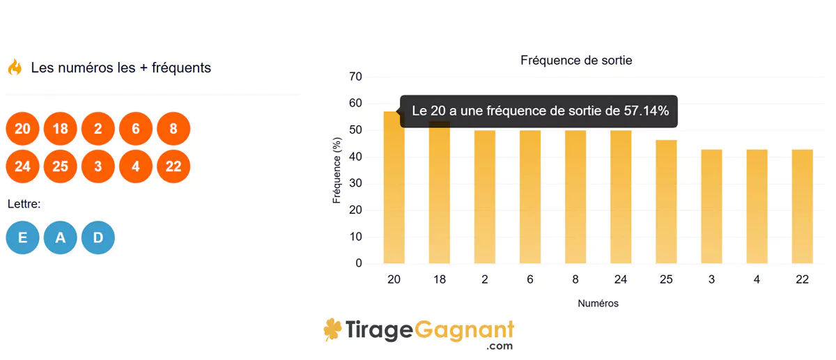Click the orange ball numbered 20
coord(22,129)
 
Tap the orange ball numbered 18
coord(60,129)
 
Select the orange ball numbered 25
coord(60,166)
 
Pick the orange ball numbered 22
coord(173,166)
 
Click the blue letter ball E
coord(22,237)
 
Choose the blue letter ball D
coord(98,237)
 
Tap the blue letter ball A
coord(60,237)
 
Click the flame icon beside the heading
coord(15,68)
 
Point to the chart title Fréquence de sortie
coord(576,61)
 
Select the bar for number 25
coord(667,202)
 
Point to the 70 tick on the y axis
coord(355,77)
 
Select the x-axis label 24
coord(621,280)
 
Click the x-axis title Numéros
coord(598,304)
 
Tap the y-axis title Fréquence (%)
coord(337,170)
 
